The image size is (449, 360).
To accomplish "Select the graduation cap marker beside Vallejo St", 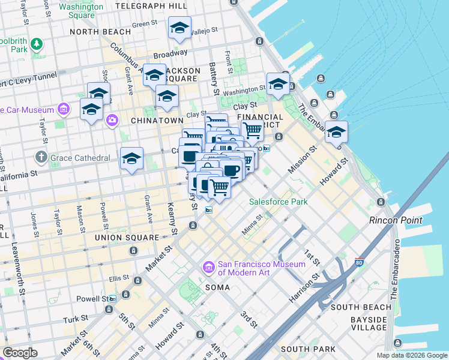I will coord(179,28).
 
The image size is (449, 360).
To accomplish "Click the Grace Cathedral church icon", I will coord(41,157).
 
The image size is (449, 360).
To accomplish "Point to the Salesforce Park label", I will coord(278,202).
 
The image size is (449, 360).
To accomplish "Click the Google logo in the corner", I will coord(20,352).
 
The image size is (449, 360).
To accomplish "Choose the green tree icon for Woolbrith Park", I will coord(37,44).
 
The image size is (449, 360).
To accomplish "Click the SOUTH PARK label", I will coord(303,349).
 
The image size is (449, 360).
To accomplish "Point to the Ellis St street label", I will coord(119,277).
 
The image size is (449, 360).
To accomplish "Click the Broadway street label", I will coord(170,53).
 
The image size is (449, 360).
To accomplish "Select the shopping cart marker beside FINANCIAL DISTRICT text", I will coord(252,129).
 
